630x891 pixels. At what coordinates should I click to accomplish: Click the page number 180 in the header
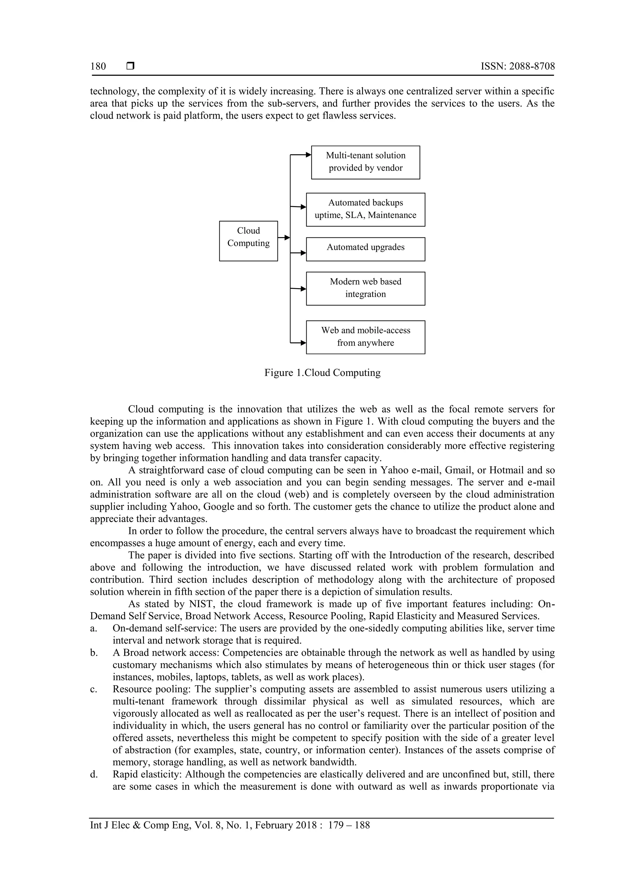(98, 66)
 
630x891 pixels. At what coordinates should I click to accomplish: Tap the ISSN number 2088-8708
(531, 66)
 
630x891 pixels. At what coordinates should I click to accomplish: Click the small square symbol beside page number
(130, 66)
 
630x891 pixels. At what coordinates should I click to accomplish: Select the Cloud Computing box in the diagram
(249, 241)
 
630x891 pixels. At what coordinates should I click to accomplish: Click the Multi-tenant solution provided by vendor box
(365, 162)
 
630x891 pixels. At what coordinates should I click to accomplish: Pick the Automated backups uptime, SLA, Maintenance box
(365, 209)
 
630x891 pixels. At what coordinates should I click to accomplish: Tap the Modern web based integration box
(365, 288)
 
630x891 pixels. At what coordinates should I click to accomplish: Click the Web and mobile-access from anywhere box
(365, 337)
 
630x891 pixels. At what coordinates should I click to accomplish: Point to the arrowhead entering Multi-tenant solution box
(309, 155)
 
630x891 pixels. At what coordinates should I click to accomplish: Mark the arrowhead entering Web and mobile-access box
(304, 343)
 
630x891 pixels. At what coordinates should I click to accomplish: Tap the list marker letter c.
(93, 690)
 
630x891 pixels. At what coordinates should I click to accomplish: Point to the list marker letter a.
(93, 629)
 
